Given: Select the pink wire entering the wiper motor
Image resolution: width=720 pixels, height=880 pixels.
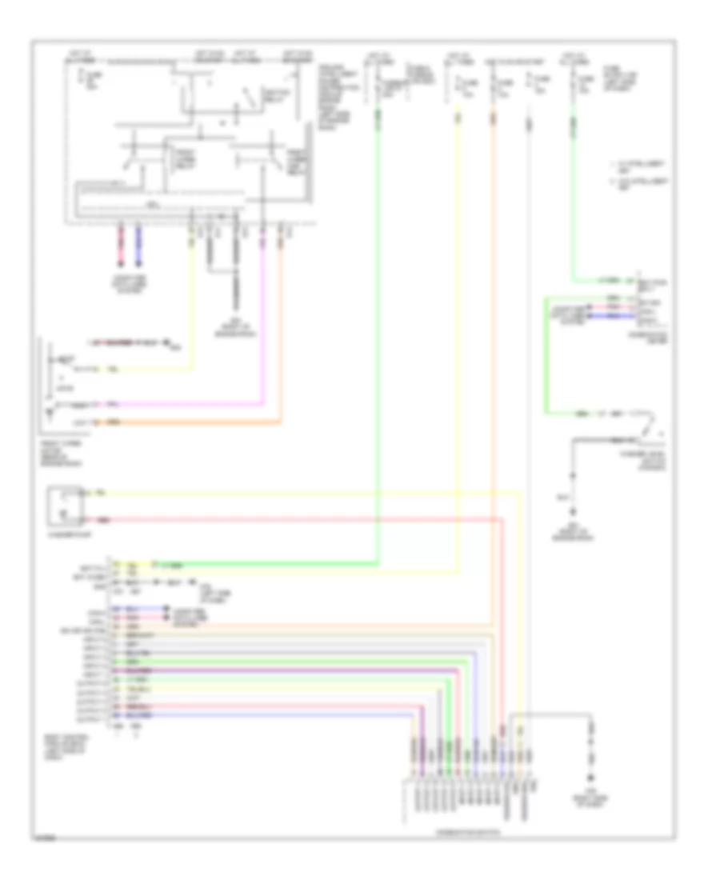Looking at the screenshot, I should click(184, 403).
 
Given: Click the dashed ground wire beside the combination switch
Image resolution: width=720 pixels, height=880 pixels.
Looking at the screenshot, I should click(592, 752).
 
